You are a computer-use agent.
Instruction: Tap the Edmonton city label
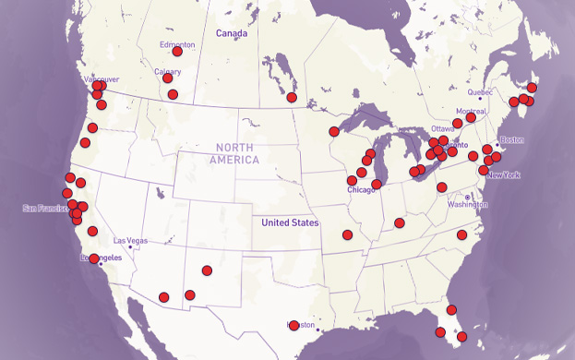(x=177, y=44)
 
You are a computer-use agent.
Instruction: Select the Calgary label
(x=167, y=71)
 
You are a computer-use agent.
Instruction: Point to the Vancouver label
(x=100, y=80)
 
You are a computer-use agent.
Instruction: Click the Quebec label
(x=481, y=92)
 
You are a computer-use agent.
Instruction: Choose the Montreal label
(x=471, y=111)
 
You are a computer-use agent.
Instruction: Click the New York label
(x=504, y=175)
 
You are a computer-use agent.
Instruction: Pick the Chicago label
(x=362, y=190)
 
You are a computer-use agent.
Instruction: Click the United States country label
(x=290, y=222)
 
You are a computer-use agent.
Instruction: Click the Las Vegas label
(x=130, y=240)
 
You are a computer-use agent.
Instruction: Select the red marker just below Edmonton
(x=177, y=53)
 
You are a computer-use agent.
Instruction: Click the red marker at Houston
(x=293, y=325)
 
